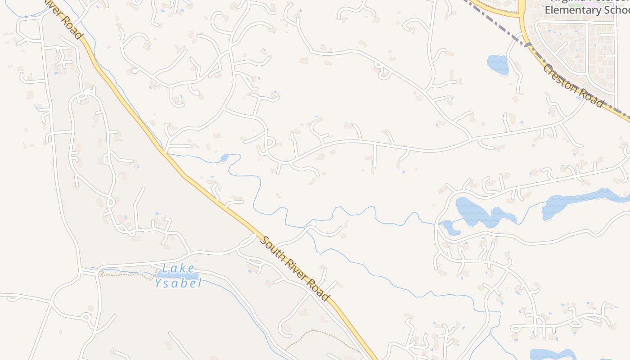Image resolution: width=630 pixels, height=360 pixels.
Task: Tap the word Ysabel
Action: [178, 283]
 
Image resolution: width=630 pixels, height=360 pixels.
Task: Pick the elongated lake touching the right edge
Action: [580, 202]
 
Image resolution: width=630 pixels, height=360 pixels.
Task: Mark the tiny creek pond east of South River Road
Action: [225, 158]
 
